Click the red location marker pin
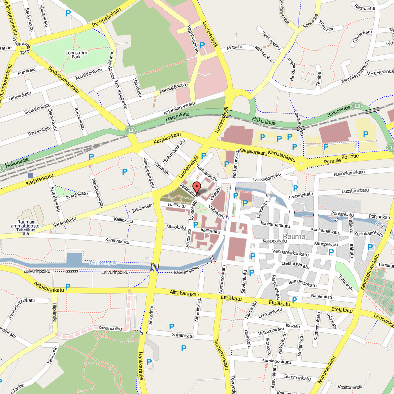pos(196,188)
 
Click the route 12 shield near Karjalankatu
pos(130,130)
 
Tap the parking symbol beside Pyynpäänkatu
pos(68,14)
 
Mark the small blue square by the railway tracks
pos(31,175)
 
